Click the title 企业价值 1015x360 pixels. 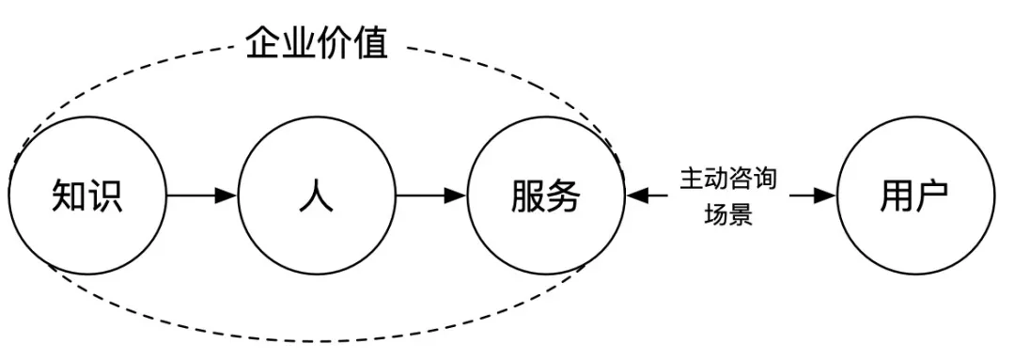tap(317, 43)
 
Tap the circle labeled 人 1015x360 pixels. tap(317, 196)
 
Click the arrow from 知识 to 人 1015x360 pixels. tap(201, 196)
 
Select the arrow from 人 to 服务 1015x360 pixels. tap(431, 196)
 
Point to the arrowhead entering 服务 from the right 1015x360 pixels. tap(635, 196)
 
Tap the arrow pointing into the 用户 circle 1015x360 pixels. tap(823, 196)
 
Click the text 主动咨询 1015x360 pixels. tap(728, 179)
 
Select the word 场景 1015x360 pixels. tap(728, 214)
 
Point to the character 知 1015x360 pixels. tap(68, 196)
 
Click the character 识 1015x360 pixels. tap(104, 196)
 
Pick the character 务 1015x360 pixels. tap(565, 196)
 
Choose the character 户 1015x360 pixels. tap(932, 196)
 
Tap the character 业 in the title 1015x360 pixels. tap(299, 43)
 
